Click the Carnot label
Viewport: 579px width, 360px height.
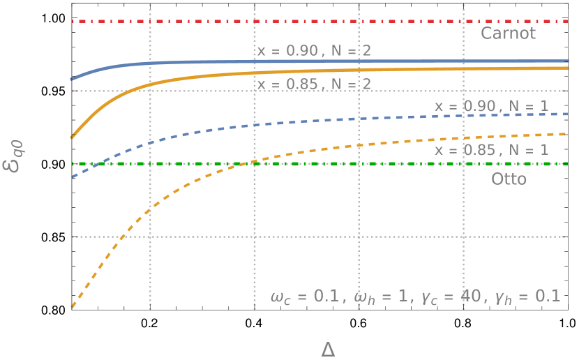click(x=509, y=33)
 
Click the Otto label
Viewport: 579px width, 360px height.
click(x=509, y=179)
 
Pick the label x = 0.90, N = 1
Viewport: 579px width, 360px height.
click(x=491, y=106)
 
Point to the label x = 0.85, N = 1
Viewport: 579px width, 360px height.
click(x=491, y=150)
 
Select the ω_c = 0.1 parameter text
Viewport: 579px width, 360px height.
click(x=306, y=297)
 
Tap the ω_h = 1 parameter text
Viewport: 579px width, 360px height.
click(x=382, y=297)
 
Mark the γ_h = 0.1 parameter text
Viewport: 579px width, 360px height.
click(x=527, y=297)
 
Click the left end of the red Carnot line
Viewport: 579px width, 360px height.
click(x=73, y=22)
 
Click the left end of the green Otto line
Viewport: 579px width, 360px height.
click(x=73, y=164)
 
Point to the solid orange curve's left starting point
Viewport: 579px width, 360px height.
click(x=72, y=137)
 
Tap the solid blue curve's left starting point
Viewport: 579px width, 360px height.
click(x=72, y=80)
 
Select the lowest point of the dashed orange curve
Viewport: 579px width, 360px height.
click(x=72, y=307)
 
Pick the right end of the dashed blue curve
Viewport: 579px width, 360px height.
click(x=568, y=113)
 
